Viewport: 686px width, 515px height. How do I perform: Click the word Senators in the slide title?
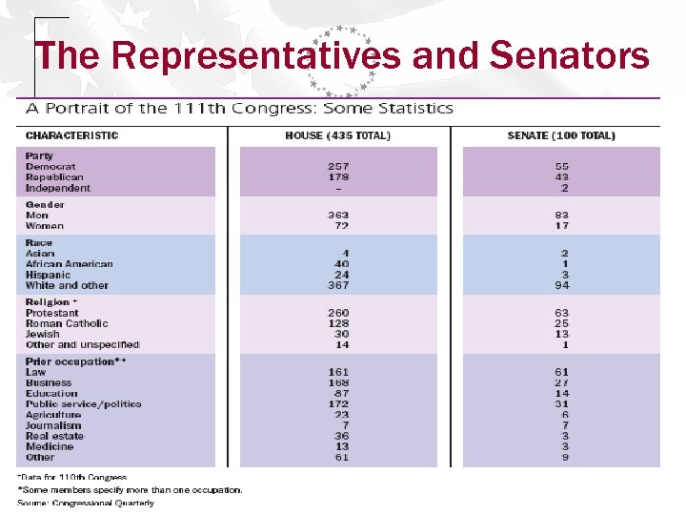coord(569,56)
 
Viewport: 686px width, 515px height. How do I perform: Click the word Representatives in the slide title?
coord(255,56)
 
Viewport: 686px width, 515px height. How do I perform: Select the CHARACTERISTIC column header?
coord(71,135)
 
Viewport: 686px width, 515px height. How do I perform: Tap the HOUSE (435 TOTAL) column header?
coord(337,135)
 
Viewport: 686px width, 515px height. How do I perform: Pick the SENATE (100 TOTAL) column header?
coord(561,135)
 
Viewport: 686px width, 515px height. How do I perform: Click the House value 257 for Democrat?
coord(337,167)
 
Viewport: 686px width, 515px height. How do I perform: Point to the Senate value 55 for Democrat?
coord(561,167)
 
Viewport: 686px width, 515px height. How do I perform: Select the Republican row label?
coord(54,177)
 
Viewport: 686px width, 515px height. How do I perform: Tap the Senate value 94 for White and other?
coord(561,285)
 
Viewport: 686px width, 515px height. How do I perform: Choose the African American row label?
coord(69,264)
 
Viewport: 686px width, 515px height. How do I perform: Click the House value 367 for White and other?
coord(337,285)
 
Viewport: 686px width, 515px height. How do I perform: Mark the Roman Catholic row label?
coord(67,323)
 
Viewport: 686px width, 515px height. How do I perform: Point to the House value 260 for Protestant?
coord(337,313)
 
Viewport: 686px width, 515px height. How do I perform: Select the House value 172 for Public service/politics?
coord(337,404)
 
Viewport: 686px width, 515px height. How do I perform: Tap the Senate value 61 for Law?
coord(561,372)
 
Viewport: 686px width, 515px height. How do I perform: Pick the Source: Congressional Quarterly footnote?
coord(85,503)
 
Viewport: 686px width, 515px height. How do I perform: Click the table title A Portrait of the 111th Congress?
coord(238,108)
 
